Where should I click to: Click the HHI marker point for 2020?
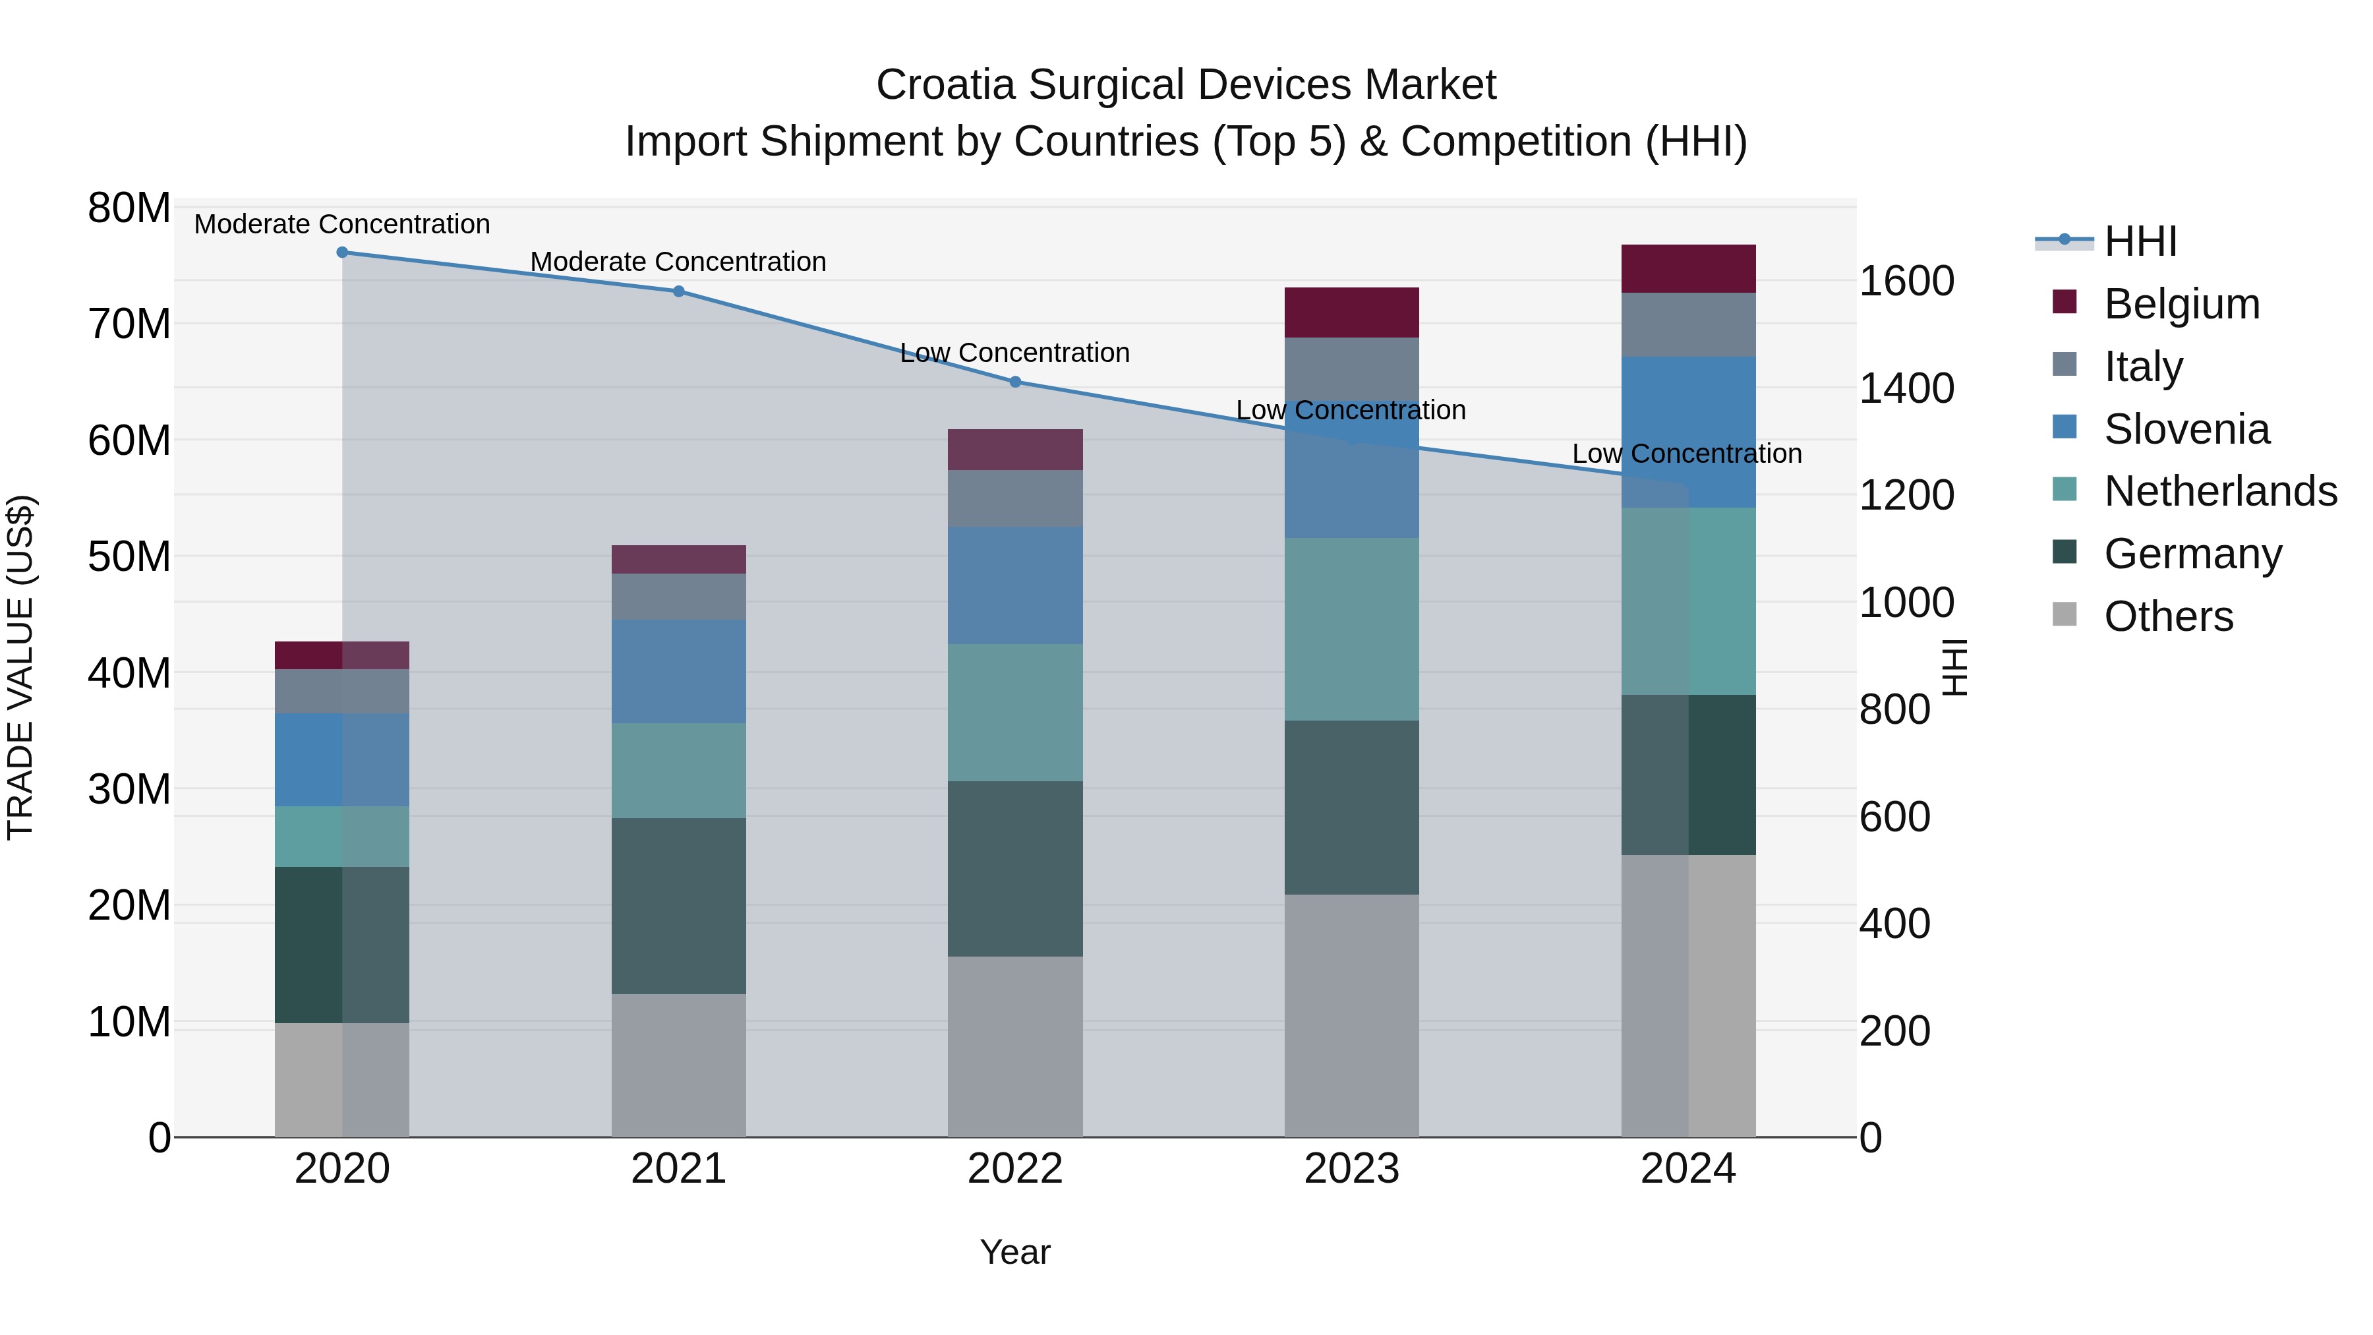(x=341, y=252)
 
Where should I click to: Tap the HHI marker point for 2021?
(x=679, y=291)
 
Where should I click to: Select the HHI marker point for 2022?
(x=1015, y=382)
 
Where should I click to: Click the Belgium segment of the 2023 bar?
(x=1351, y=312)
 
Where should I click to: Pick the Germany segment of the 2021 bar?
(x=679, y=906)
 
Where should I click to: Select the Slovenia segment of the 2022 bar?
(x=1015, y=585)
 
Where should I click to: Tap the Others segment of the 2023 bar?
(x=1351, y=1015)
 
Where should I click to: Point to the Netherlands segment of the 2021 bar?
(x=679, y=770)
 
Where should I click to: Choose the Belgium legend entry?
(x=2181, y=304)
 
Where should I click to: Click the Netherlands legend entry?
(x=2219, y=491)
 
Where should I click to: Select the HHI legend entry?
(x=2140, y=241)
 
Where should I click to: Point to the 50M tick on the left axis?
(x=129, y=556)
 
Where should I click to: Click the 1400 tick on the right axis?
(x=1906, y=388)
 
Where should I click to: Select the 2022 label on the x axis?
(x=1015, y=1169)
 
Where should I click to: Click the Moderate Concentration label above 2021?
(x=678, y=262)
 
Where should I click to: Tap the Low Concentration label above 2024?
(x=1687, y=454)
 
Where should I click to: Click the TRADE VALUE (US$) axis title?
(x=20, y=667)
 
